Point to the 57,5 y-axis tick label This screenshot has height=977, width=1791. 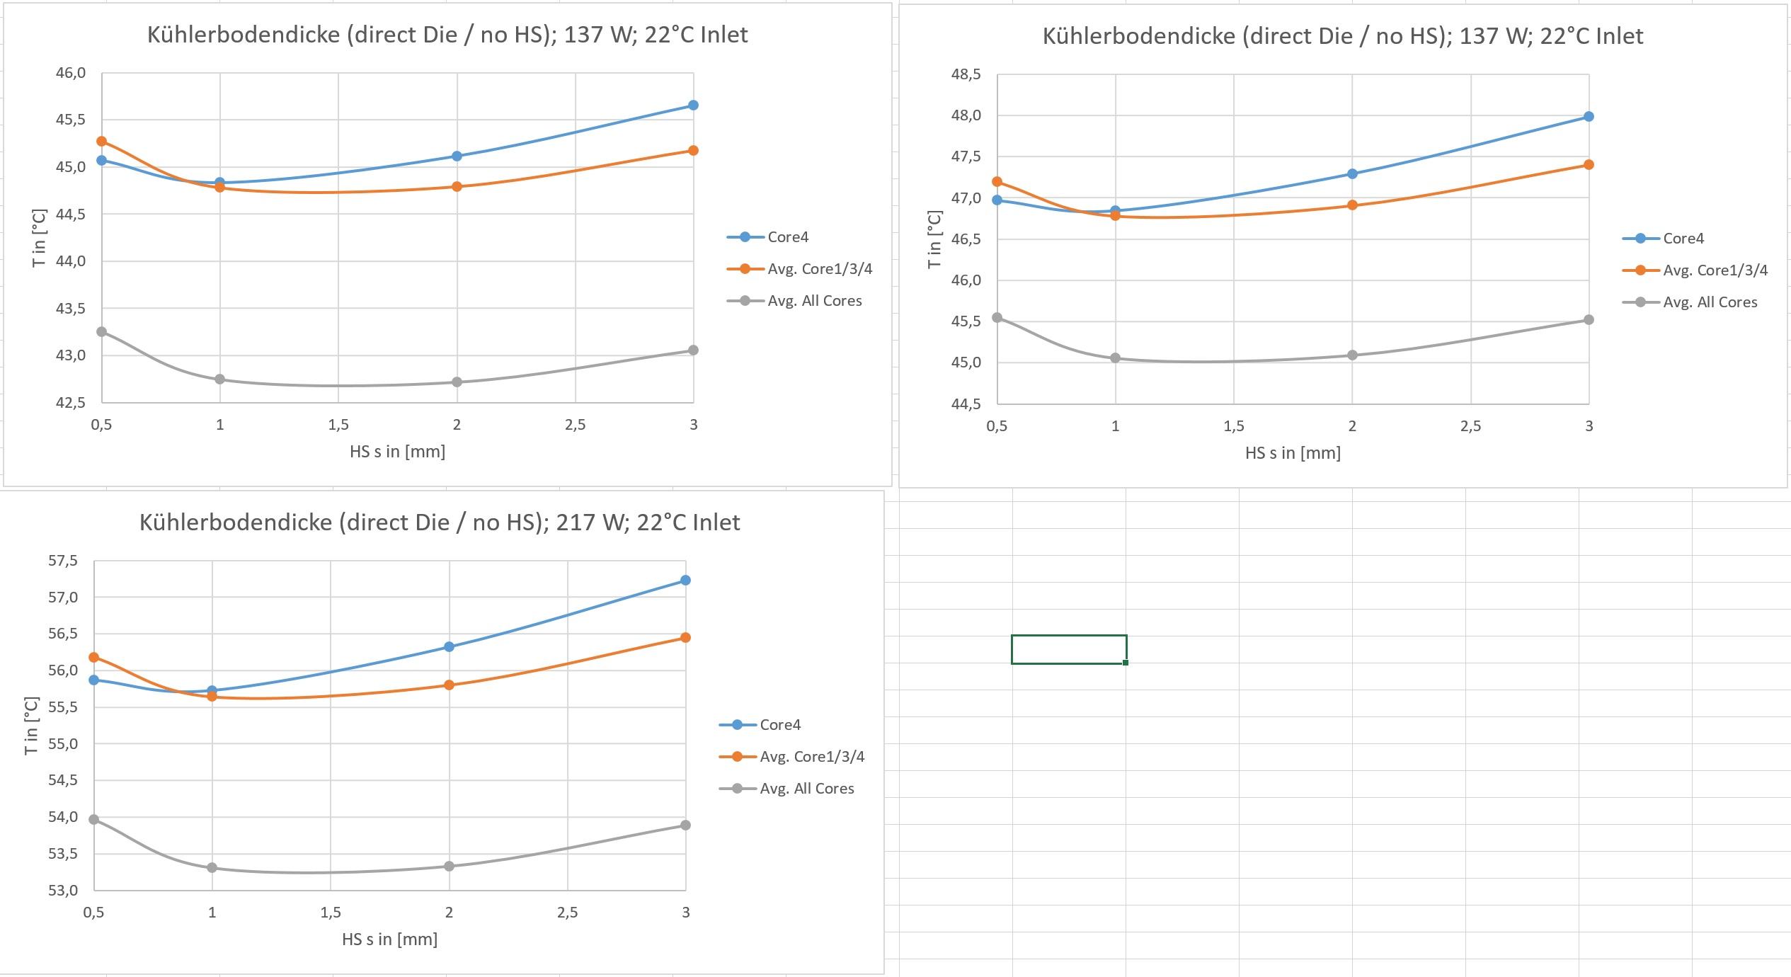pyautogui.click(x=63, y=561)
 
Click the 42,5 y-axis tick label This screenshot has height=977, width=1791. pyautogui.click(x=70, y=403)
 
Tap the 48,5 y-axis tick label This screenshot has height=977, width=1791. pyautogui.click(x=966, y=74)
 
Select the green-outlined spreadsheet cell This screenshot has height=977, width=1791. pyautogui.click(x=1068, y=649)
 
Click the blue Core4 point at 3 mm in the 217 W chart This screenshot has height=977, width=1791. pyautogui.click(x=685, y=581)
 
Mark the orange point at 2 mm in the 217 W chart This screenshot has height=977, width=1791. pyautogui.click(x=449, y=685)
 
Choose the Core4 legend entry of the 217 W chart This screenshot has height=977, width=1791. pyautogui.click(x=779, y=725)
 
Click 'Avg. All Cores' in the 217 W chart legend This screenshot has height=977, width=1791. pyautogui.click(x=806, y=789)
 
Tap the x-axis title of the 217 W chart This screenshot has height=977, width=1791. pyautogui.click(x=389, y=939)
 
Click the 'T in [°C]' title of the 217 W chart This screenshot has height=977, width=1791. pyautogui.click(x=31, y=726)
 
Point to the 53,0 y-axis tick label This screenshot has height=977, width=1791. pyautogui.click(x=63, y=891)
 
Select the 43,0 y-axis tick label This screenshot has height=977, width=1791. pyautogui.click(x=70, y=355)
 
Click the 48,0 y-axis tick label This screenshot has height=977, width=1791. pyautogui.click(x=966, y=115)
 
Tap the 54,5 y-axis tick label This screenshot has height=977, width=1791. pyautogui.click(x=63, y=780)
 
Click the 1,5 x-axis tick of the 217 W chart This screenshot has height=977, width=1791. pyautogui.click(x=331, y=913)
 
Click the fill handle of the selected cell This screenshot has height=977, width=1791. pyautogui.click(x=1126, y=663)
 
